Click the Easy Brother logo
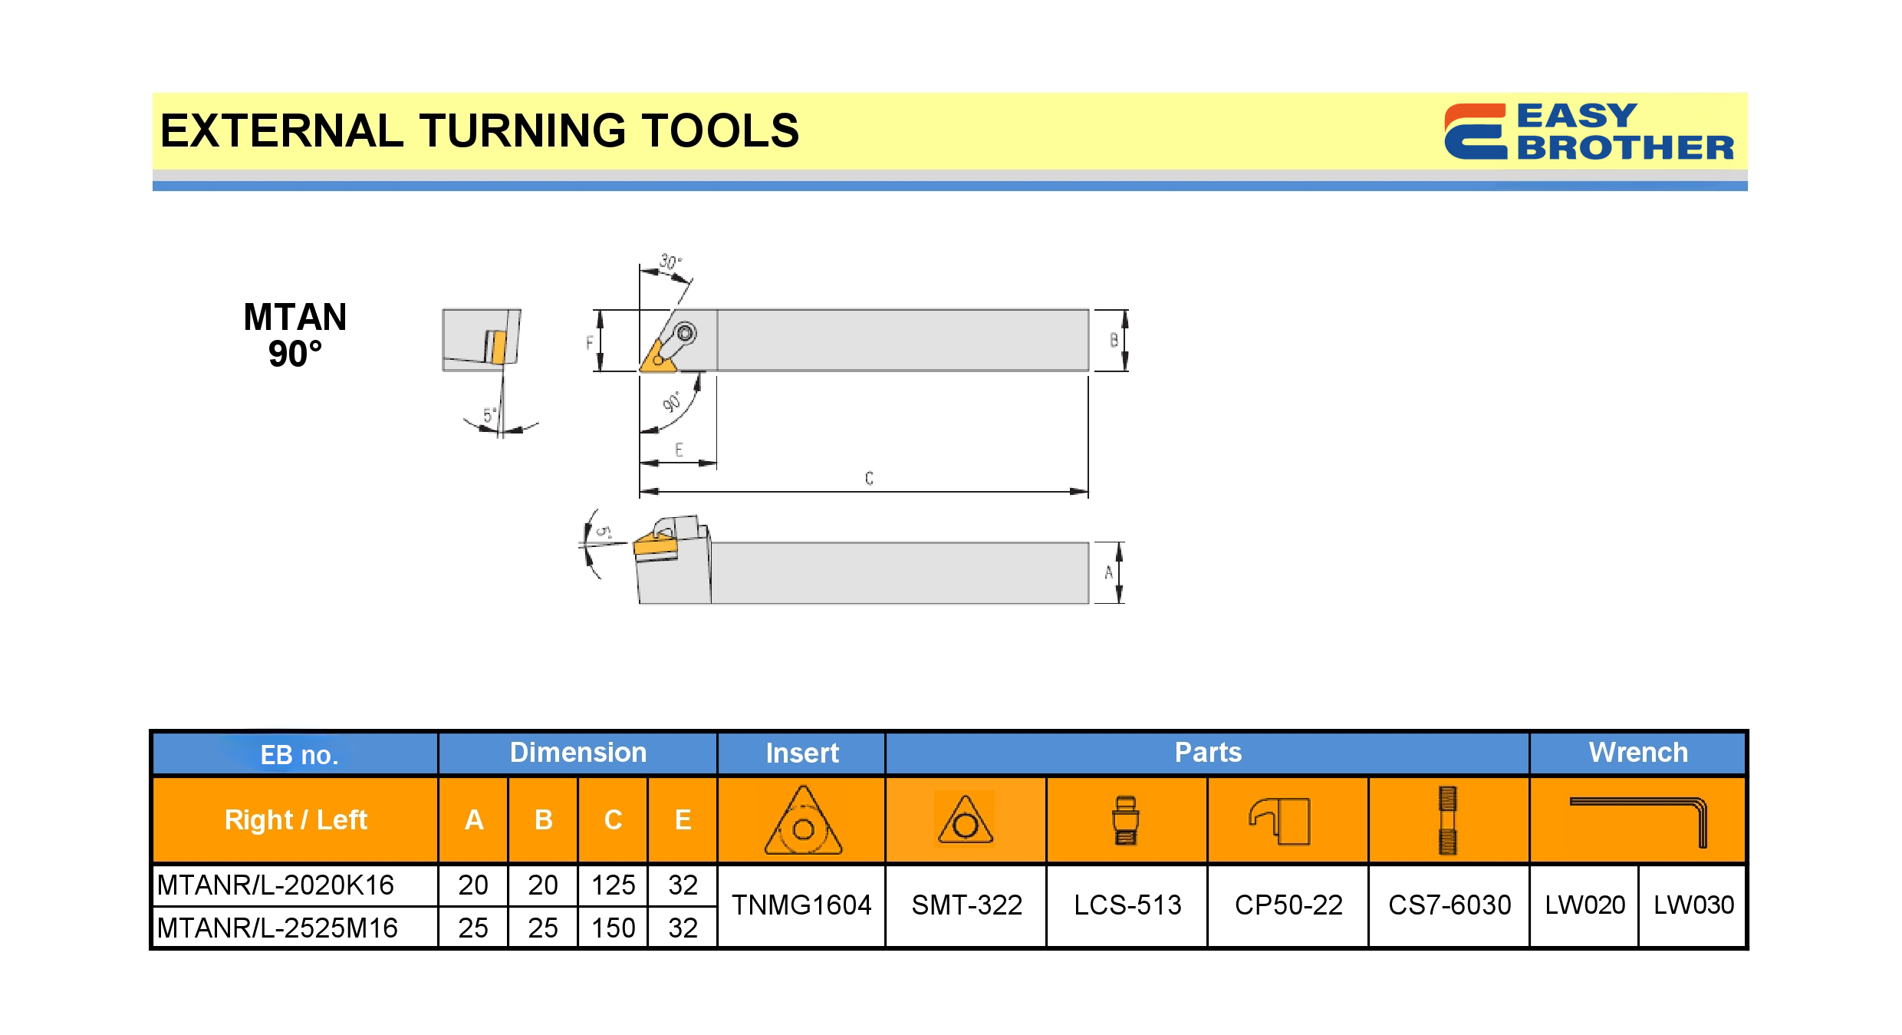tap(1588, 132)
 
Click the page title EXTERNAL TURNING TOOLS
tap(479, 130)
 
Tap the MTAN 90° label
tap(295, 335)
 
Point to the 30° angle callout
tap(670, 262)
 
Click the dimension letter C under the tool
tap(869, 478)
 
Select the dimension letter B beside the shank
tap(1114, 340)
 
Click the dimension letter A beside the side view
tap(1108, 572)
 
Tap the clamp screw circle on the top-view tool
tap(686, 333)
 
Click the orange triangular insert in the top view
tap(657, 357)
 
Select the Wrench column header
tap(1638, 753)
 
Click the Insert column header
tap(802, 753)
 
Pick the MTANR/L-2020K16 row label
tap(275, 885)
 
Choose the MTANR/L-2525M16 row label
tap(278, 928)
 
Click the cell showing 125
tap(613, 885)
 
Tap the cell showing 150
tap(613, 928)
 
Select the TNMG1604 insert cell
tap(801, 905)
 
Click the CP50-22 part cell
tap(1288, 905)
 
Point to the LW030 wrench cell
tap(1693, 905)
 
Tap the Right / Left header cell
tap(296, 820)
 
